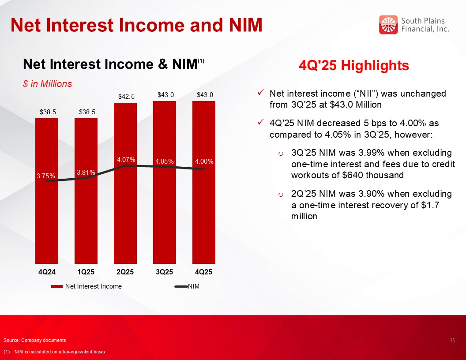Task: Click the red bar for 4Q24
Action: point(47,212)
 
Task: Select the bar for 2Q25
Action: point(125,212)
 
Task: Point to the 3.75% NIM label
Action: point(46,176)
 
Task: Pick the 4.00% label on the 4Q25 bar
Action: point(204,161)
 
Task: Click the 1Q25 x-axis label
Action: point(86,272)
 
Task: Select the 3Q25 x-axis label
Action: point(165,272)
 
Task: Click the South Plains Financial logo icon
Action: point(388,25)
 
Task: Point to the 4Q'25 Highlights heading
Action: point(354,66)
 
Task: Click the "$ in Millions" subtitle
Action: point(47,84)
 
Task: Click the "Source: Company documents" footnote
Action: point(35,340)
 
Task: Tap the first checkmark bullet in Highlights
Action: point(261,93)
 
